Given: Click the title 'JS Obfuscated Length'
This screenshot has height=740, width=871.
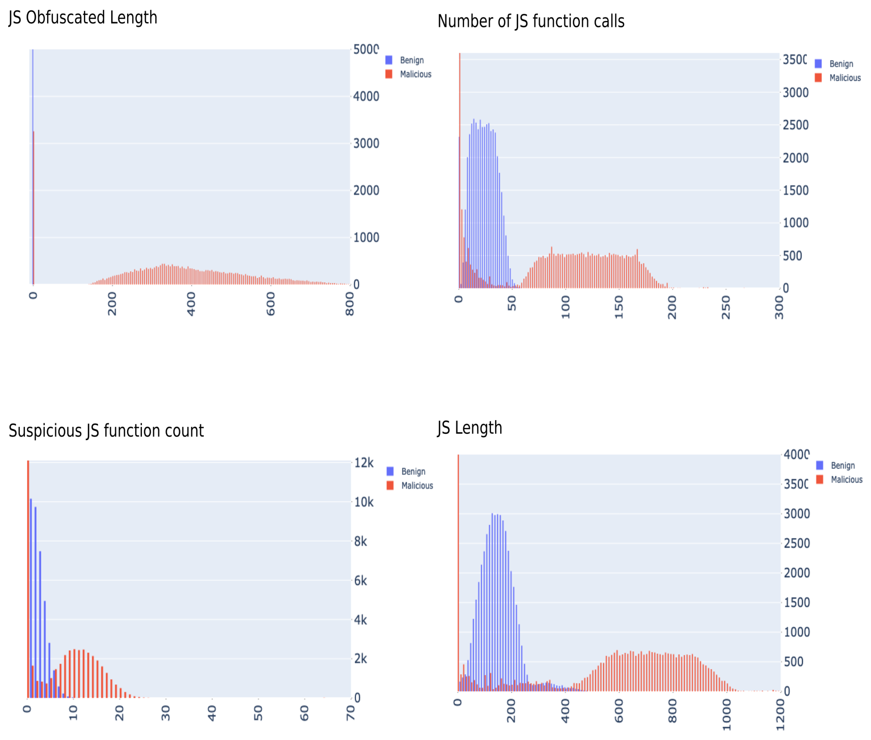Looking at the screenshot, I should coord(83,18).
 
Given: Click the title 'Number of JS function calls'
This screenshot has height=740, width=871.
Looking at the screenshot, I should coord(531,21).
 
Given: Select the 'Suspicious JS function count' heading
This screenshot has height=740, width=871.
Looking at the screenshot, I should coord(106,431).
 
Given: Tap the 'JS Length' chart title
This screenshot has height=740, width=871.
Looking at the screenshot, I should coord(469,428).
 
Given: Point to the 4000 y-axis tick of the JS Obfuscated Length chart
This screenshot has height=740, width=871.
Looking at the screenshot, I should coord(366,96).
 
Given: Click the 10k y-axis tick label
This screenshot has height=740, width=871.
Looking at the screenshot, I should coord(364,502).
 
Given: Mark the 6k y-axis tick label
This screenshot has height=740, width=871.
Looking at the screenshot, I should coord(360,581).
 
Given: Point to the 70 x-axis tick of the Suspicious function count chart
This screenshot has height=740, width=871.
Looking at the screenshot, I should coord(350,713).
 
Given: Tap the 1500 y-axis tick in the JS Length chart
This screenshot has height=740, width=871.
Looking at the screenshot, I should coord(796,602).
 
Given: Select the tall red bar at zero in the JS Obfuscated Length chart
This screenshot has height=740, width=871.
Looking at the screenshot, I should coord(33,210).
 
